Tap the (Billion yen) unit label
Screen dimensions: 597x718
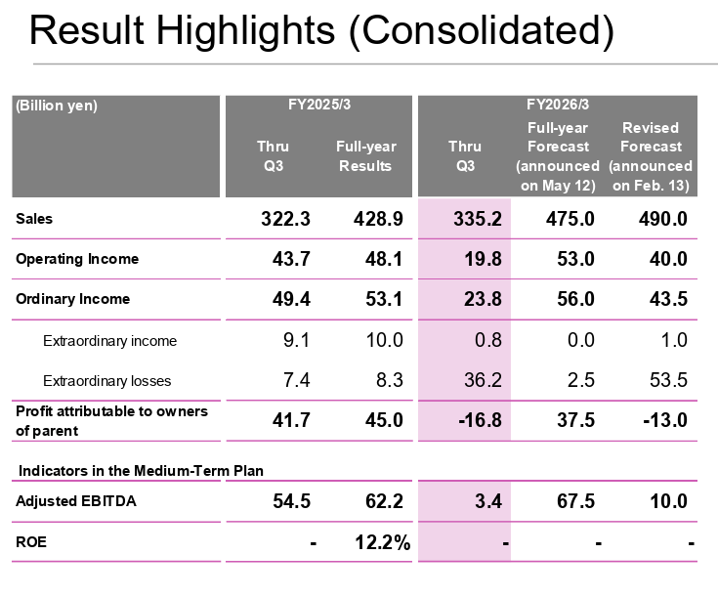(57, 106)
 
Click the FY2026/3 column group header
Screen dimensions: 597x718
(557, 105)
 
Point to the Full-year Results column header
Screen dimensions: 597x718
(365, 156)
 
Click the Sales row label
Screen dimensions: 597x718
(34, 220)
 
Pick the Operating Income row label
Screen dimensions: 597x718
(77, 259)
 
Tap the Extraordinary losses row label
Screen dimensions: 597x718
(109, 380)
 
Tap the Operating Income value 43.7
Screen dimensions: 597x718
(286, 260)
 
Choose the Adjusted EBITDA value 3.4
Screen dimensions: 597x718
(488, 502)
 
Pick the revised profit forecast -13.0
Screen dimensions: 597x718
(659, 420)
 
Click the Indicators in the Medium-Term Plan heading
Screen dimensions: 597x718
(142, 471)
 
